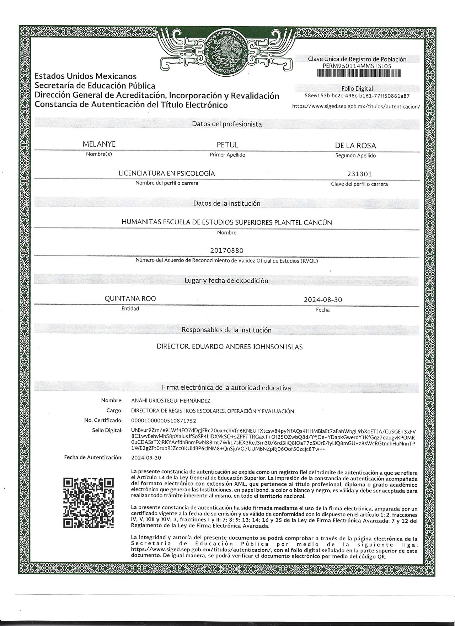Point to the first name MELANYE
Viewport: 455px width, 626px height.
point(99,145)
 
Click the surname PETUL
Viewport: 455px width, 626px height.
point(227,145)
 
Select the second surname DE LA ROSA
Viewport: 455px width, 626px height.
point(355,146)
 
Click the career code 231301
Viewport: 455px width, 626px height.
point(359,174)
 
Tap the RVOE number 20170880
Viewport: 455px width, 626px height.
point(227,250)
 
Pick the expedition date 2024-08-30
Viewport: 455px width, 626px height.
point(323,300)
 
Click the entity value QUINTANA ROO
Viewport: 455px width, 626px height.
point(130,299)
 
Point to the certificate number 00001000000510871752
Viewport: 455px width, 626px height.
point(164,421)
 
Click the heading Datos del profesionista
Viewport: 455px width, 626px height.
point(227,124)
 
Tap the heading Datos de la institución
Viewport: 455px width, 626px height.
point(227,204)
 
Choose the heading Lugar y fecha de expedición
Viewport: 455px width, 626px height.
point(226,281)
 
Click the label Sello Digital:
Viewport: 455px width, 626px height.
point(107,431)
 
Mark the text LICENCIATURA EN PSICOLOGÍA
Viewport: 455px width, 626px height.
point(167,173)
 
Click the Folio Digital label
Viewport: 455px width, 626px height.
point(357,89)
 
